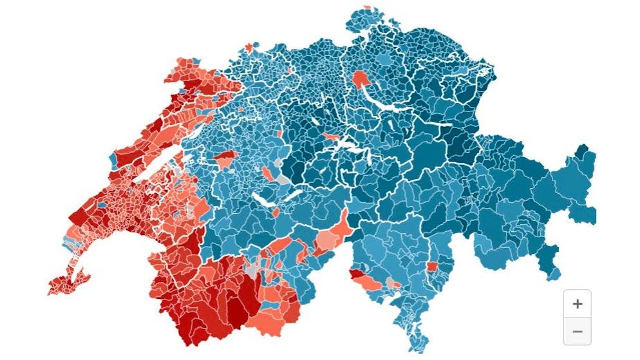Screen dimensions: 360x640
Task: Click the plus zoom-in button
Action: pyautogui.click(x=577, y=304)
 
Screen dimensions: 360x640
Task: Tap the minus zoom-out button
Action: pyautogui.click(x=577, y=331)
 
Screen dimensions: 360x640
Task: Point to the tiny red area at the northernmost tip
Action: pyautogui.click(x=368, y=8)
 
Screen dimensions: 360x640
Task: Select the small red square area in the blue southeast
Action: pyautogui.click(x=432, y=266)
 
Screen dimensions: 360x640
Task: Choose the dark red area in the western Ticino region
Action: pyautogui.click(x=355, y=274)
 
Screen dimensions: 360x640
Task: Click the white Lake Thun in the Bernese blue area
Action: pyautogui.click(x=264, y=200)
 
